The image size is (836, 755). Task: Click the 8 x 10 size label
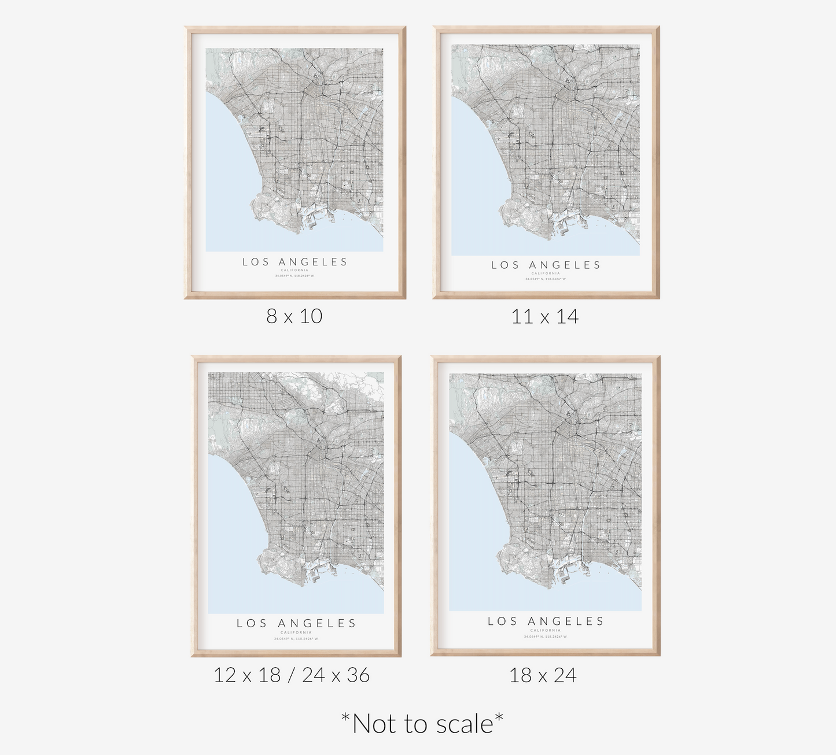point(294,316)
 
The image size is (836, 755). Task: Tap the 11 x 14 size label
point(544,316)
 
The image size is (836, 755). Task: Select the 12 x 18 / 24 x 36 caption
point(292,675)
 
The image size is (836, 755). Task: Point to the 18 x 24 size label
point(543,675)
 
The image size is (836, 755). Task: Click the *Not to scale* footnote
point(422,723)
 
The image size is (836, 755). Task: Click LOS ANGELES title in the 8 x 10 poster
point(295,262)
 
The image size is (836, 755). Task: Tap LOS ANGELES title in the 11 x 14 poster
point(546,265)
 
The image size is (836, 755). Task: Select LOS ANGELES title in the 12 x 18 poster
point(296,623)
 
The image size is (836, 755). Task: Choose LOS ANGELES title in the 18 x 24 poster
point(546,621)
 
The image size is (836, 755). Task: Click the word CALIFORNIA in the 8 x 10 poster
point(295,270)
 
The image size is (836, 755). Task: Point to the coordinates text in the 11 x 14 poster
point(546,279)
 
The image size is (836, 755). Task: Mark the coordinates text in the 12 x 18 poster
point(296,639)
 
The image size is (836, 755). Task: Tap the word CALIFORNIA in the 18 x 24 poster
point(546,630)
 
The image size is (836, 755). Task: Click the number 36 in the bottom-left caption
point(358,675)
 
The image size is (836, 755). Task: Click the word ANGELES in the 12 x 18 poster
point(317,623)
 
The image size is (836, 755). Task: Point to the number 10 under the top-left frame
point(311,316)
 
